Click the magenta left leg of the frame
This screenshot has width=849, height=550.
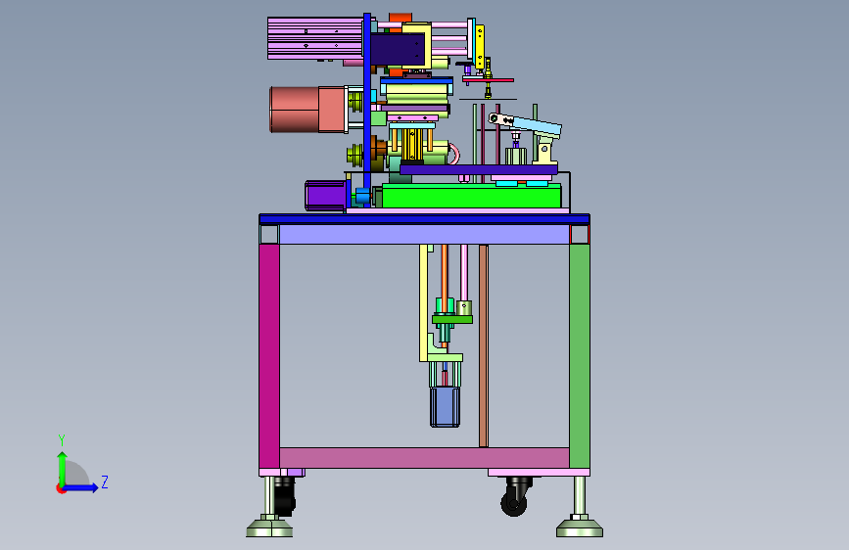pyautogui.click(x=269, y=355)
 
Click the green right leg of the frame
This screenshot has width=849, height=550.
pyautogui.click(x=580, y=355)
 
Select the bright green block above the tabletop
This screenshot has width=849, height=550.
pyautogui.click(x=471, y=196)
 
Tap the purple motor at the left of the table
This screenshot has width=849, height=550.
pyautogui.click(x=326, y=196)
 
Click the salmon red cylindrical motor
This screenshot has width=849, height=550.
pyautogui.click(x=307, y=110)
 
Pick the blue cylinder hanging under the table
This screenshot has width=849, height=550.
pyautogui.click(x=446, y=406)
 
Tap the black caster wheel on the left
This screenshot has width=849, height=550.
pyautogui.click(x=284, y=496)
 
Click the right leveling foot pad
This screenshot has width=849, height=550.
pyautogui.click(x=580, y=527)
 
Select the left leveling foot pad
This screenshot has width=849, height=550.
pyautogui.click(x=269, y=527)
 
